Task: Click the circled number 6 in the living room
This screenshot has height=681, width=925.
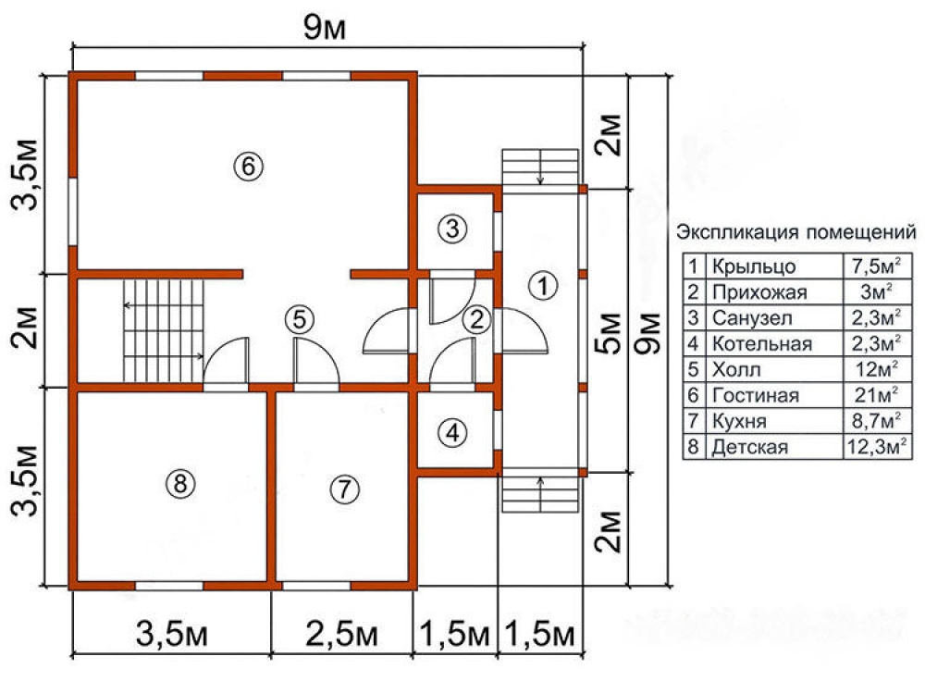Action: (x=249, y=167)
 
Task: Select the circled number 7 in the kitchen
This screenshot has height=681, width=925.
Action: (x=342, y=489)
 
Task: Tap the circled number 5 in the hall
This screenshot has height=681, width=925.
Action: (x=299, y=319)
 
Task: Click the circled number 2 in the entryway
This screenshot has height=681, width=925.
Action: (x=476, y=320)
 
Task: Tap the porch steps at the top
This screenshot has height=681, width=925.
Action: (x=541, y=167)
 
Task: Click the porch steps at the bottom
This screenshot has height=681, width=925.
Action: (x=541, y=491)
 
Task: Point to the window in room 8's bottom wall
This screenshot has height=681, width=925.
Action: (x=169, y=585)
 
